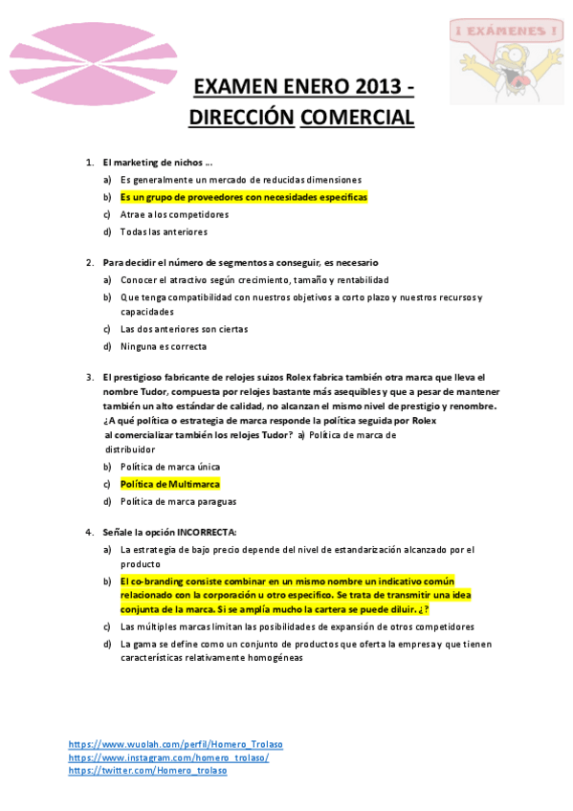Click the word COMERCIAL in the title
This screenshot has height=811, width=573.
(357, 118)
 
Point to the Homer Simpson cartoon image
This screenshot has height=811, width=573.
(508, 59)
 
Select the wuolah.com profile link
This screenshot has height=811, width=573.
(175, 744)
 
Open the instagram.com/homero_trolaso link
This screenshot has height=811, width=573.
(168, 757)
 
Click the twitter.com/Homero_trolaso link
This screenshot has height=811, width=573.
(147, 771)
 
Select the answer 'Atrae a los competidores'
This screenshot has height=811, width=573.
(174, 214)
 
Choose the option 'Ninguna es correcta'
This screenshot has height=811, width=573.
(163, 346)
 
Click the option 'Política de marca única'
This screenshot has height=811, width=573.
(170, 467)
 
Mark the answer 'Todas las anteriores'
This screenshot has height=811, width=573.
(164, 231)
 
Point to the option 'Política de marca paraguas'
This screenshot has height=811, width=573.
(178, 501)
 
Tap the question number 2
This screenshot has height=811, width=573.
(89, 262)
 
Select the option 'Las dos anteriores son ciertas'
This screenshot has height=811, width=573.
(184, 329)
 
